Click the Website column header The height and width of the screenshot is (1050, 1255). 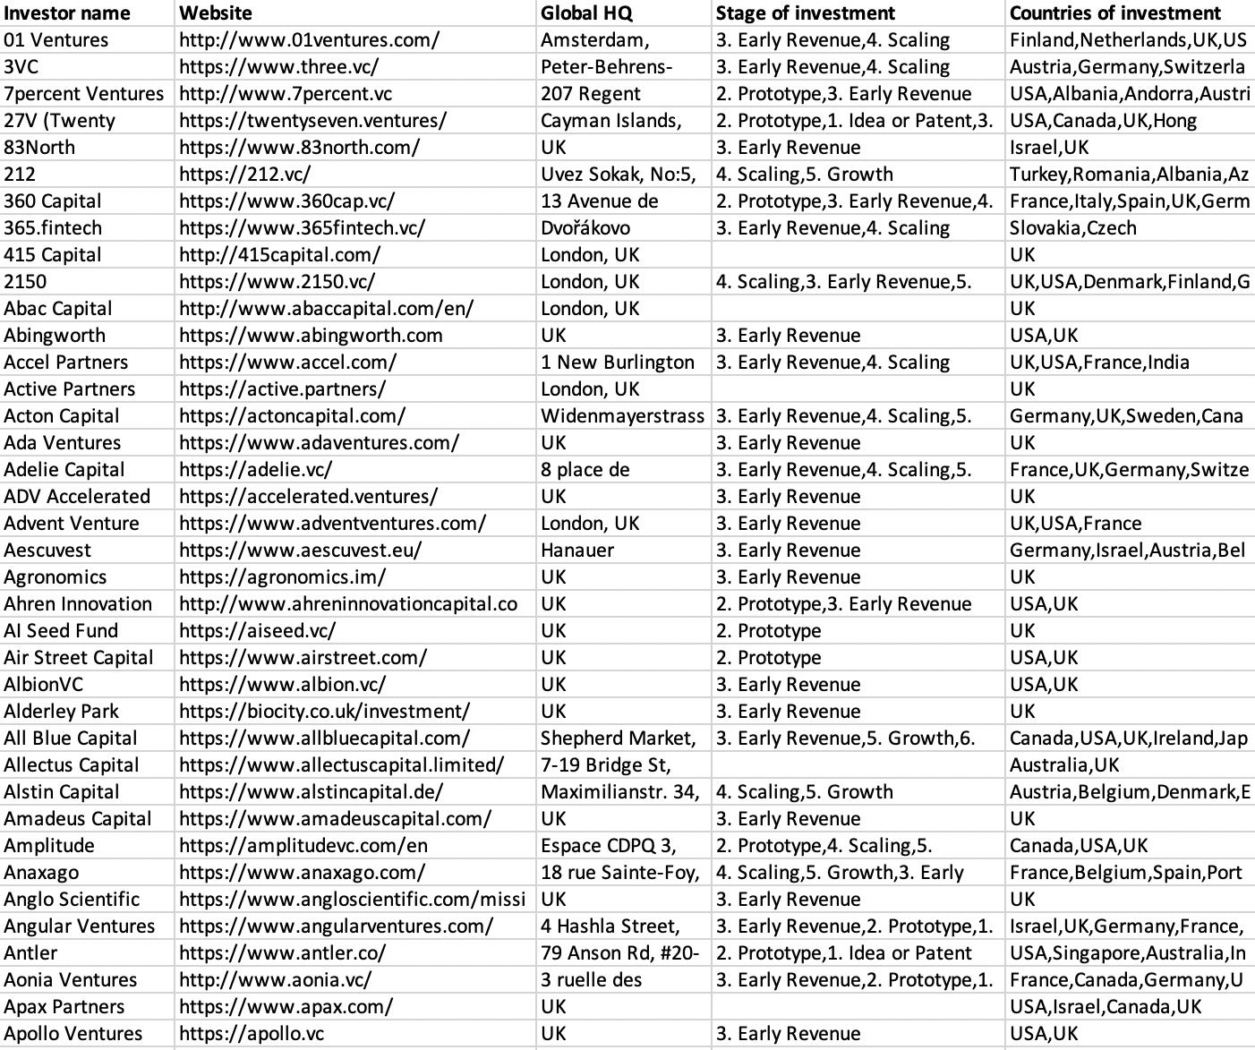pyautogui.click(x=216, y=13)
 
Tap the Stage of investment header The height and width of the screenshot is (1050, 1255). pyautogui.click(x=805, y=13)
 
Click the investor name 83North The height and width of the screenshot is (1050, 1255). pyautogui.click(x=39, y=148)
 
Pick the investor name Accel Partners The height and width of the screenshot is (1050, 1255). pyautogui.click(x=66, y=363)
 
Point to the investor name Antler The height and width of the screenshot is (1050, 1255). pyautogui.click(x=30, y=953)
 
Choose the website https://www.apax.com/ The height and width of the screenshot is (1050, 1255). pyautogui.click(x=286, y=1007)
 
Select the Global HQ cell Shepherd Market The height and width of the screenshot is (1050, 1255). pyautogui.click(x=618, y=738)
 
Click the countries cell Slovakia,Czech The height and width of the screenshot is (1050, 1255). pyautogui.click(x=1072, y=228)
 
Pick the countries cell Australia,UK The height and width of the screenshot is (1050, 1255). pyautogui.click(x=1064, y=765)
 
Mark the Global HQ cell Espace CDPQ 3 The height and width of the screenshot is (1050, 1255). pyautogui.click(x=608, y=846)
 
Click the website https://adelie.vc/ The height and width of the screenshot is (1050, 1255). pyautogui.click(x=255, y=470)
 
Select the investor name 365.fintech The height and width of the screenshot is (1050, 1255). pyautogui.click(x=53, y=228)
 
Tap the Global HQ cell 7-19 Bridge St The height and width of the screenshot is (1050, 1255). pyautogui.click(x=606, y=765)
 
